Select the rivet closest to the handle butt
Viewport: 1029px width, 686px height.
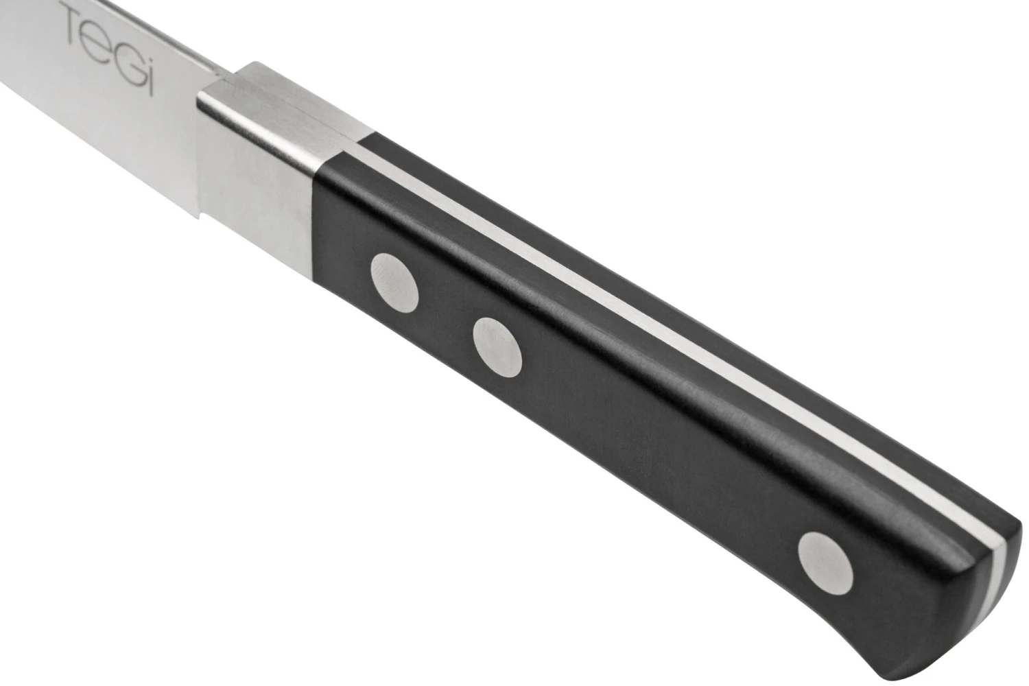pos(826,563)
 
